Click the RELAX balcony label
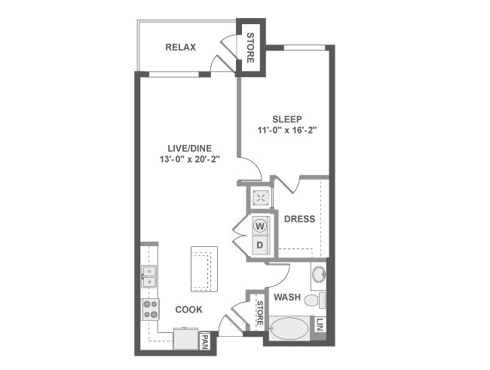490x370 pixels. (180, 48)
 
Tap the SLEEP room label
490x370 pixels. (287, 119)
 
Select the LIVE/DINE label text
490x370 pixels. (190, 148)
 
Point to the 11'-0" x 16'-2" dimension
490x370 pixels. (287, 130)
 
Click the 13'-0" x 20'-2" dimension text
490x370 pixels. (190, 159)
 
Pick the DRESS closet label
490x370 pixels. (300, 219)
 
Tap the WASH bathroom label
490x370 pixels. (287, 297)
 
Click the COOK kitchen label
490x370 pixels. (188, 310)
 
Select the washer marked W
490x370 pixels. (259, 226)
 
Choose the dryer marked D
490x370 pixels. (259, 245)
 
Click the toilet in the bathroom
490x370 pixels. (315, 301)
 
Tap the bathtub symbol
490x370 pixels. (289, 328)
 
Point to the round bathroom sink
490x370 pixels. (319, 275)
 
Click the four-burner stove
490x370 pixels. (151, 309)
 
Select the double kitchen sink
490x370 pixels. (149, 276)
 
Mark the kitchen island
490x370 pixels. (204, 270)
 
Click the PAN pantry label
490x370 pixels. (205, 342)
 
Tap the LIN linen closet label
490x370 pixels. (320, 325)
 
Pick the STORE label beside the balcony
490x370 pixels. (250, 48)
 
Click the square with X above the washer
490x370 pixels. (260, 197)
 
